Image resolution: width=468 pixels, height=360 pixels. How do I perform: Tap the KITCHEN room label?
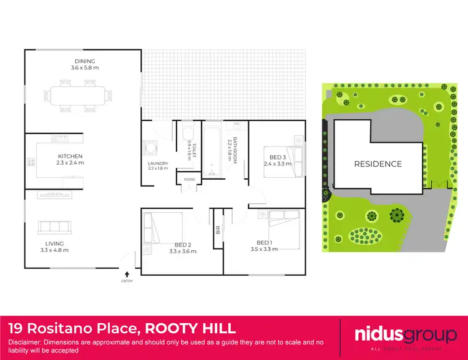coord(71,156)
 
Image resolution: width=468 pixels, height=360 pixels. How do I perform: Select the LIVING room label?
coord(54,243)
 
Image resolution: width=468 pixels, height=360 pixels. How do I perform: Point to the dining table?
coord(84,95)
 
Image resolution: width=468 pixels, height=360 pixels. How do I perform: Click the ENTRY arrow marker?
coord(127,273)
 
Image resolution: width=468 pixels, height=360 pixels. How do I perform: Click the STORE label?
coord(189,180)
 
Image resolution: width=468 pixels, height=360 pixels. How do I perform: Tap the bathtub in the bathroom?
coord(212,152)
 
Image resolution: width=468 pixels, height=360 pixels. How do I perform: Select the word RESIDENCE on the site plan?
coord(378,164)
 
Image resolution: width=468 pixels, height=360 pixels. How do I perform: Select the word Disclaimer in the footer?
coord(27,343)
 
